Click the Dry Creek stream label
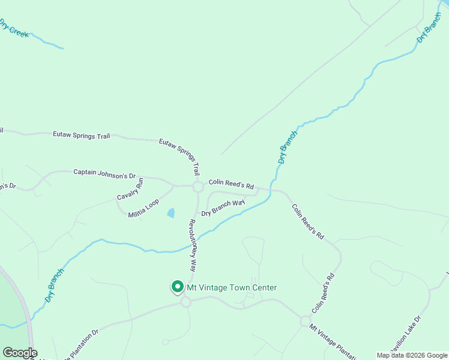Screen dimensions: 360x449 [13, 28]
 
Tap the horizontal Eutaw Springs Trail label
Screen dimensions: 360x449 [82, 136]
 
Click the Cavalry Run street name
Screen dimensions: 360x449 [130, 188]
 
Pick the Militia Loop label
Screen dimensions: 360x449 [143, 208]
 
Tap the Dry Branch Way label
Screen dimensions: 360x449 [223, 208]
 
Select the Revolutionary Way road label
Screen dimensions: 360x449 [193, 245]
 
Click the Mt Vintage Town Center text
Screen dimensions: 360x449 [232, 287]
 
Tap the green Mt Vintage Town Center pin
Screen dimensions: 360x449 [178, 287]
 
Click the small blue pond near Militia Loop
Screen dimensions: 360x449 [171, 212]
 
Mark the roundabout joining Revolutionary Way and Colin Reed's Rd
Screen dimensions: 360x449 [198, 187]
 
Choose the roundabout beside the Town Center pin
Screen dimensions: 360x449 [185, 302]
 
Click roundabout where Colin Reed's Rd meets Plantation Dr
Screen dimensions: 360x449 [305, 322]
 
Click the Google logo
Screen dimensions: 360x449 [19, 353]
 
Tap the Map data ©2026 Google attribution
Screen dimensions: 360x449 [412, 355]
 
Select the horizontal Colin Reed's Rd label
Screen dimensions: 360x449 [231, 184]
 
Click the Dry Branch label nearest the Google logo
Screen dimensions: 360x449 [54, 285]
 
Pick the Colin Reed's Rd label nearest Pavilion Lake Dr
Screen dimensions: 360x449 [322, 294]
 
